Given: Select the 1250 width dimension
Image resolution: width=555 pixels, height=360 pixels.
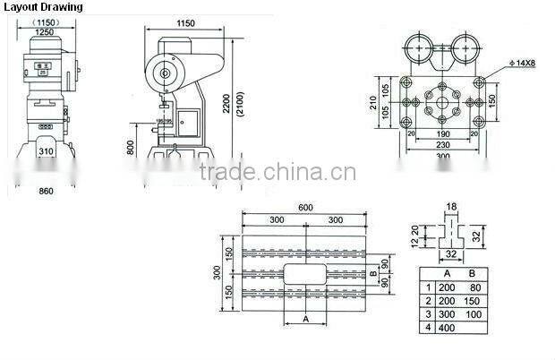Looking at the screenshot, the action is pyautogui.click(x=38, y=32).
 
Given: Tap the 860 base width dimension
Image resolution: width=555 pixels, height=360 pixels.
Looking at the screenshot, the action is pyautogui.click(x=47, y=191).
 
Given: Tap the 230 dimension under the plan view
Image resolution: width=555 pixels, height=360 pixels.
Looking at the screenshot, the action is pyautogui.click(x=441, y=144).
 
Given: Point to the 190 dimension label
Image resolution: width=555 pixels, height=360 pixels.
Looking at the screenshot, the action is pyautogui.click(x=443, y=133).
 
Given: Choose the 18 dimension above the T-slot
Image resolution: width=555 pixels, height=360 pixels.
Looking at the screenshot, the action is pyautogui.click(x=451, y=206).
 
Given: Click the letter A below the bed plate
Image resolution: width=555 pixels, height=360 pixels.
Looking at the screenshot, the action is pyautogui.click(x=306, y=318).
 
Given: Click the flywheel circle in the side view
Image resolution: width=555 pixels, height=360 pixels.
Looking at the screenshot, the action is pyautogui.click(x=166, y=72).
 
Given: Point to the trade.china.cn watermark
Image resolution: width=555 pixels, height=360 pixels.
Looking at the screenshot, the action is pyautogui.click(x=277, y=173).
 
